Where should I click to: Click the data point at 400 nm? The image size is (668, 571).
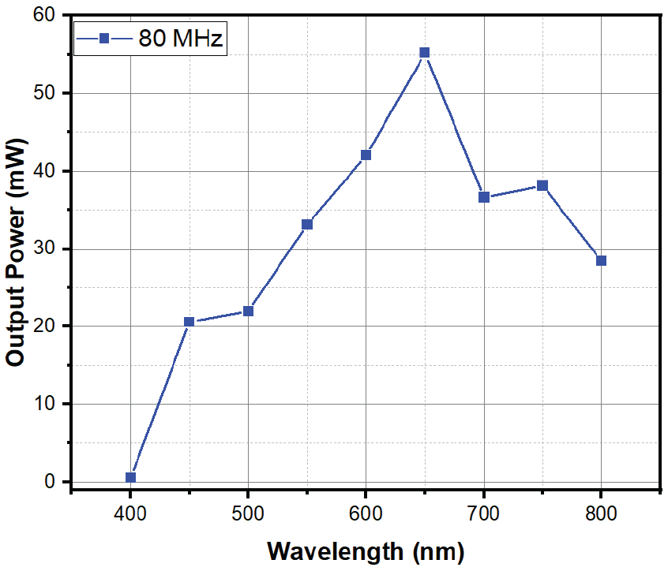tap(130, 477)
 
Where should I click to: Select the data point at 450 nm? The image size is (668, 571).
tap(189, 322)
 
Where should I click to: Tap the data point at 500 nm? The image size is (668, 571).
tap(248, 311)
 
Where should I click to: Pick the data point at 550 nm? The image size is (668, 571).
tap(307, 224)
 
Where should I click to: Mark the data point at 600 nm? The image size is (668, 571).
tap(366, 155)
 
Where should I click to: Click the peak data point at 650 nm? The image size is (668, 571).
tap(425, 53)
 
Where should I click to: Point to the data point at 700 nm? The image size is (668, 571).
tap(483, 197)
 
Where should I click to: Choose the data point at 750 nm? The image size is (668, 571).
tap(542, 185)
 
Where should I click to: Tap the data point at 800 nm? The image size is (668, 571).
tap(601, 260)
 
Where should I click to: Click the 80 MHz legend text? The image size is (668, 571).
tap(181, 37)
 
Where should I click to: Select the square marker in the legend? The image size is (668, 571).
tap(103, 37)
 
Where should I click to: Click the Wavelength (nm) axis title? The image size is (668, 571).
tap(366, 550)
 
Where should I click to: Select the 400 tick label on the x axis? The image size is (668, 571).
tap(130, 513)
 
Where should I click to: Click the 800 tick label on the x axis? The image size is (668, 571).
tap(601, 513)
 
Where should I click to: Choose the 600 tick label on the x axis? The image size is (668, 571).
tap(366, 513)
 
